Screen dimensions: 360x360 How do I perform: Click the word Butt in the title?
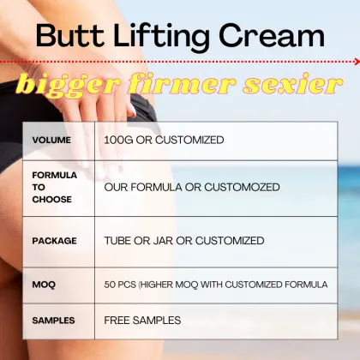(68, 36)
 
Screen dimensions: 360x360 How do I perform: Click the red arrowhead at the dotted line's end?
(355, 62)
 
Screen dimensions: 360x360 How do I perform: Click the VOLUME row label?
(51, 140)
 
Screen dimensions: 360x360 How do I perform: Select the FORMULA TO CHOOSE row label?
(53, 187)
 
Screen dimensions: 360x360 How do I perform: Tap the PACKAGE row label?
(54, 241)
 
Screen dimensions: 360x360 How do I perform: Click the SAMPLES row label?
(53, 321)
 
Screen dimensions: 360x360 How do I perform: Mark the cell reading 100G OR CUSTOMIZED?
(164, 140)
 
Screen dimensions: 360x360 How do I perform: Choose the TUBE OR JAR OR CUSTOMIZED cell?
(183, 241)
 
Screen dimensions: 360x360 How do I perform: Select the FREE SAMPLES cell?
(142, 321)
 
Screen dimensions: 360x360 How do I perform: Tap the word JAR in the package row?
(161, 241)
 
